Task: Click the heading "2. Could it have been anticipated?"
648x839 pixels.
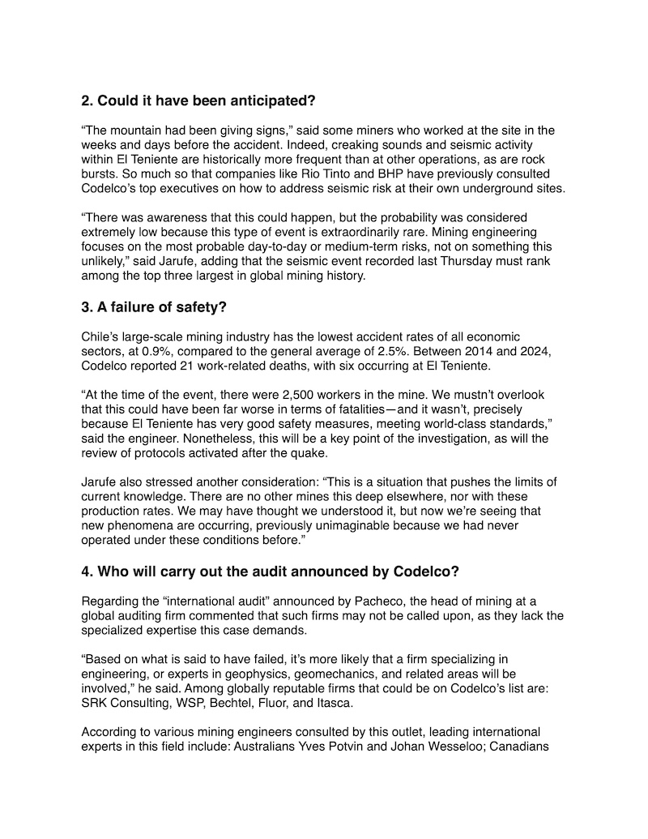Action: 198,101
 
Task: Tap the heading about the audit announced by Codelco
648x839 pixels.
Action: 271,571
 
